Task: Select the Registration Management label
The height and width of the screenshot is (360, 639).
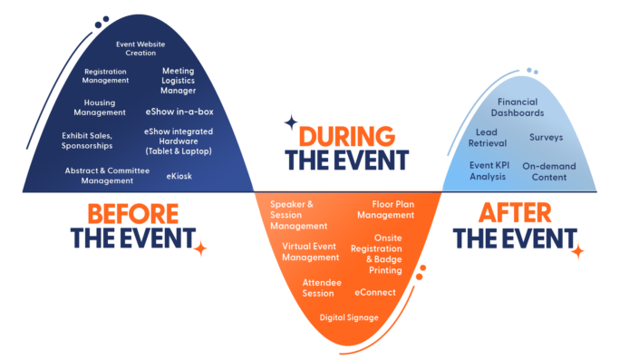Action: pyautogui.click(x=106, y=75)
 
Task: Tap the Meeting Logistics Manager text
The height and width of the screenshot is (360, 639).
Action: pyautogui.click(x=179, y=80)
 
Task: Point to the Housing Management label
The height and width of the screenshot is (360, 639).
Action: pyautogui.click(x=100, y=108)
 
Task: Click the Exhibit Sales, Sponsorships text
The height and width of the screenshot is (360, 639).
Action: pyautogui.click(x=87, y=140)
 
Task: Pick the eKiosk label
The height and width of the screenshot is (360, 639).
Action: pyautogui.click(x=179, y=176)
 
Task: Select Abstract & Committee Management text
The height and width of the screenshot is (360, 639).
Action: pyautogui.click(x=106, y=175)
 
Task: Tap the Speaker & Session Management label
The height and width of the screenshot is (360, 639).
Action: pyautogui.click(x=298, y=215)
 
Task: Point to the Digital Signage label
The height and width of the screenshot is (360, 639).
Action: pyautogui.click(x=349, y=317)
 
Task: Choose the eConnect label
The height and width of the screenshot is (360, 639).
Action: pyautogui.click(x=376, y=292)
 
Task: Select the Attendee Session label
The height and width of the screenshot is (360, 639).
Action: pyautogui.click(x=322, y=287)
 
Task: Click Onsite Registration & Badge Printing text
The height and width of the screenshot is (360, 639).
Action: pyautogui.click(x=390, y=253)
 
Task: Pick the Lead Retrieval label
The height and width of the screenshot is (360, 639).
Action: pyautogui.click(x=486, y=137)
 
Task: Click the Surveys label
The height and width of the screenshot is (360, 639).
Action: pyautogui.click(x=546, y=138)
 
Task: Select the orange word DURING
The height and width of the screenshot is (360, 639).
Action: pyautogui.click(x=347, y=137)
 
